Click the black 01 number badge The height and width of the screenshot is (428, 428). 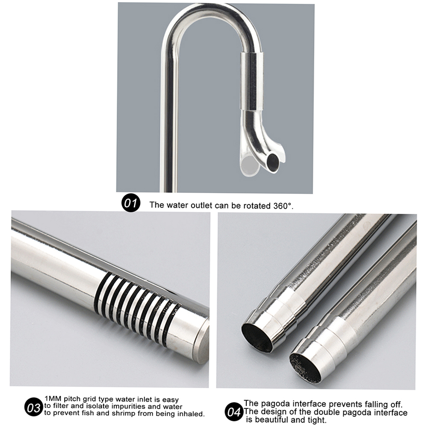(x=131, y=203)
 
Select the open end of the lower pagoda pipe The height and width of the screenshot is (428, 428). (x=305, y=367)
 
